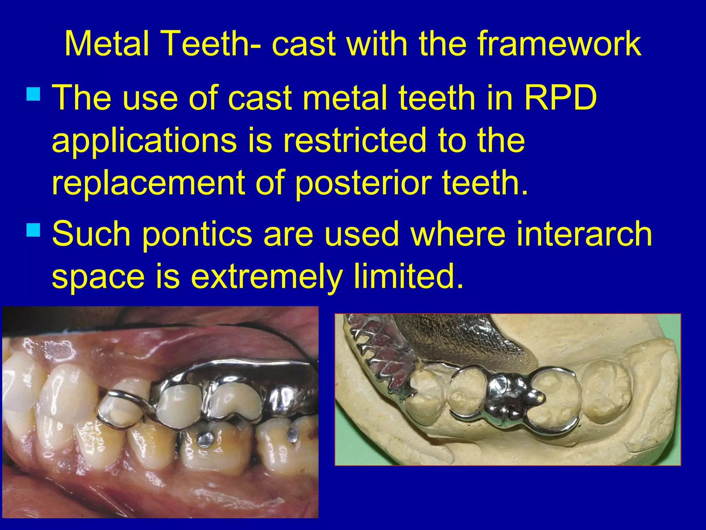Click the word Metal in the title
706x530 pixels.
point(107,44)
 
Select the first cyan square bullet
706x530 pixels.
point(33,93)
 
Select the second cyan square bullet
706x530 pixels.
point(33,229)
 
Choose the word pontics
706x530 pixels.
point(196,235)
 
